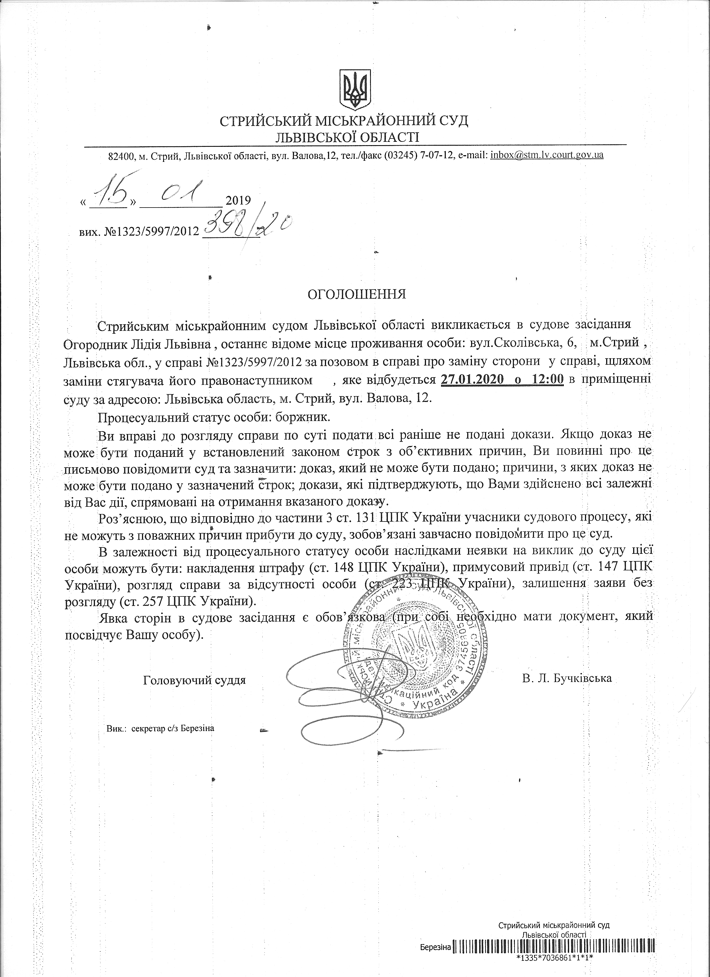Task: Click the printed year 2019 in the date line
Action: [238, 201]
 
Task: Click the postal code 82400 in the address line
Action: [119, 156]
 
